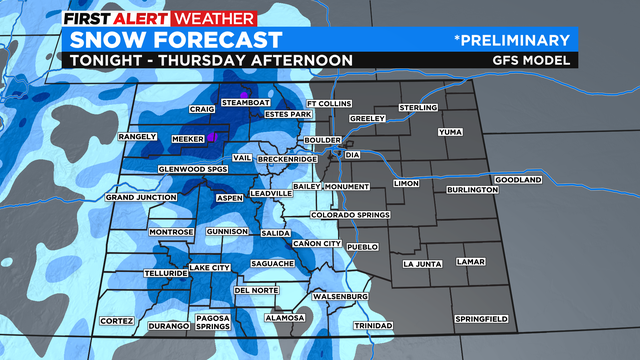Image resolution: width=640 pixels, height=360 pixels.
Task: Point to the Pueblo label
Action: click(363, 245)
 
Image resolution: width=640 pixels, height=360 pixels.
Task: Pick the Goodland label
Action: click(517, 180)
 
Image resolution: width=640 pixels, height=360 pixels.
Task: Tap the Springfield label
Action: click(481, 318)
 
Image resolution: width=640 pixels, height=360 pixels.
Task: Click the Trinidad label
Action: click(373, 326)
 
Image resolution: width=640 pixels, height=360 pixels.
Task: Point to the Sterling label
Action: click(418, 107)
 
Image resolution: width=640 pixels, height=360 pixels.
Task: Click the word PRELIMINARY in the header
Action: click(517, 40)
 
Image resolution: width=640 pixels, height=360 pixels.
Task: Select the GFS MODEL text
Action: click(537, 60)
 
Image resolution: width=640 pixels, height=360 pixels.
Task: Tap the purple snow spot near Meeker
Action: click(212, 137)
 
